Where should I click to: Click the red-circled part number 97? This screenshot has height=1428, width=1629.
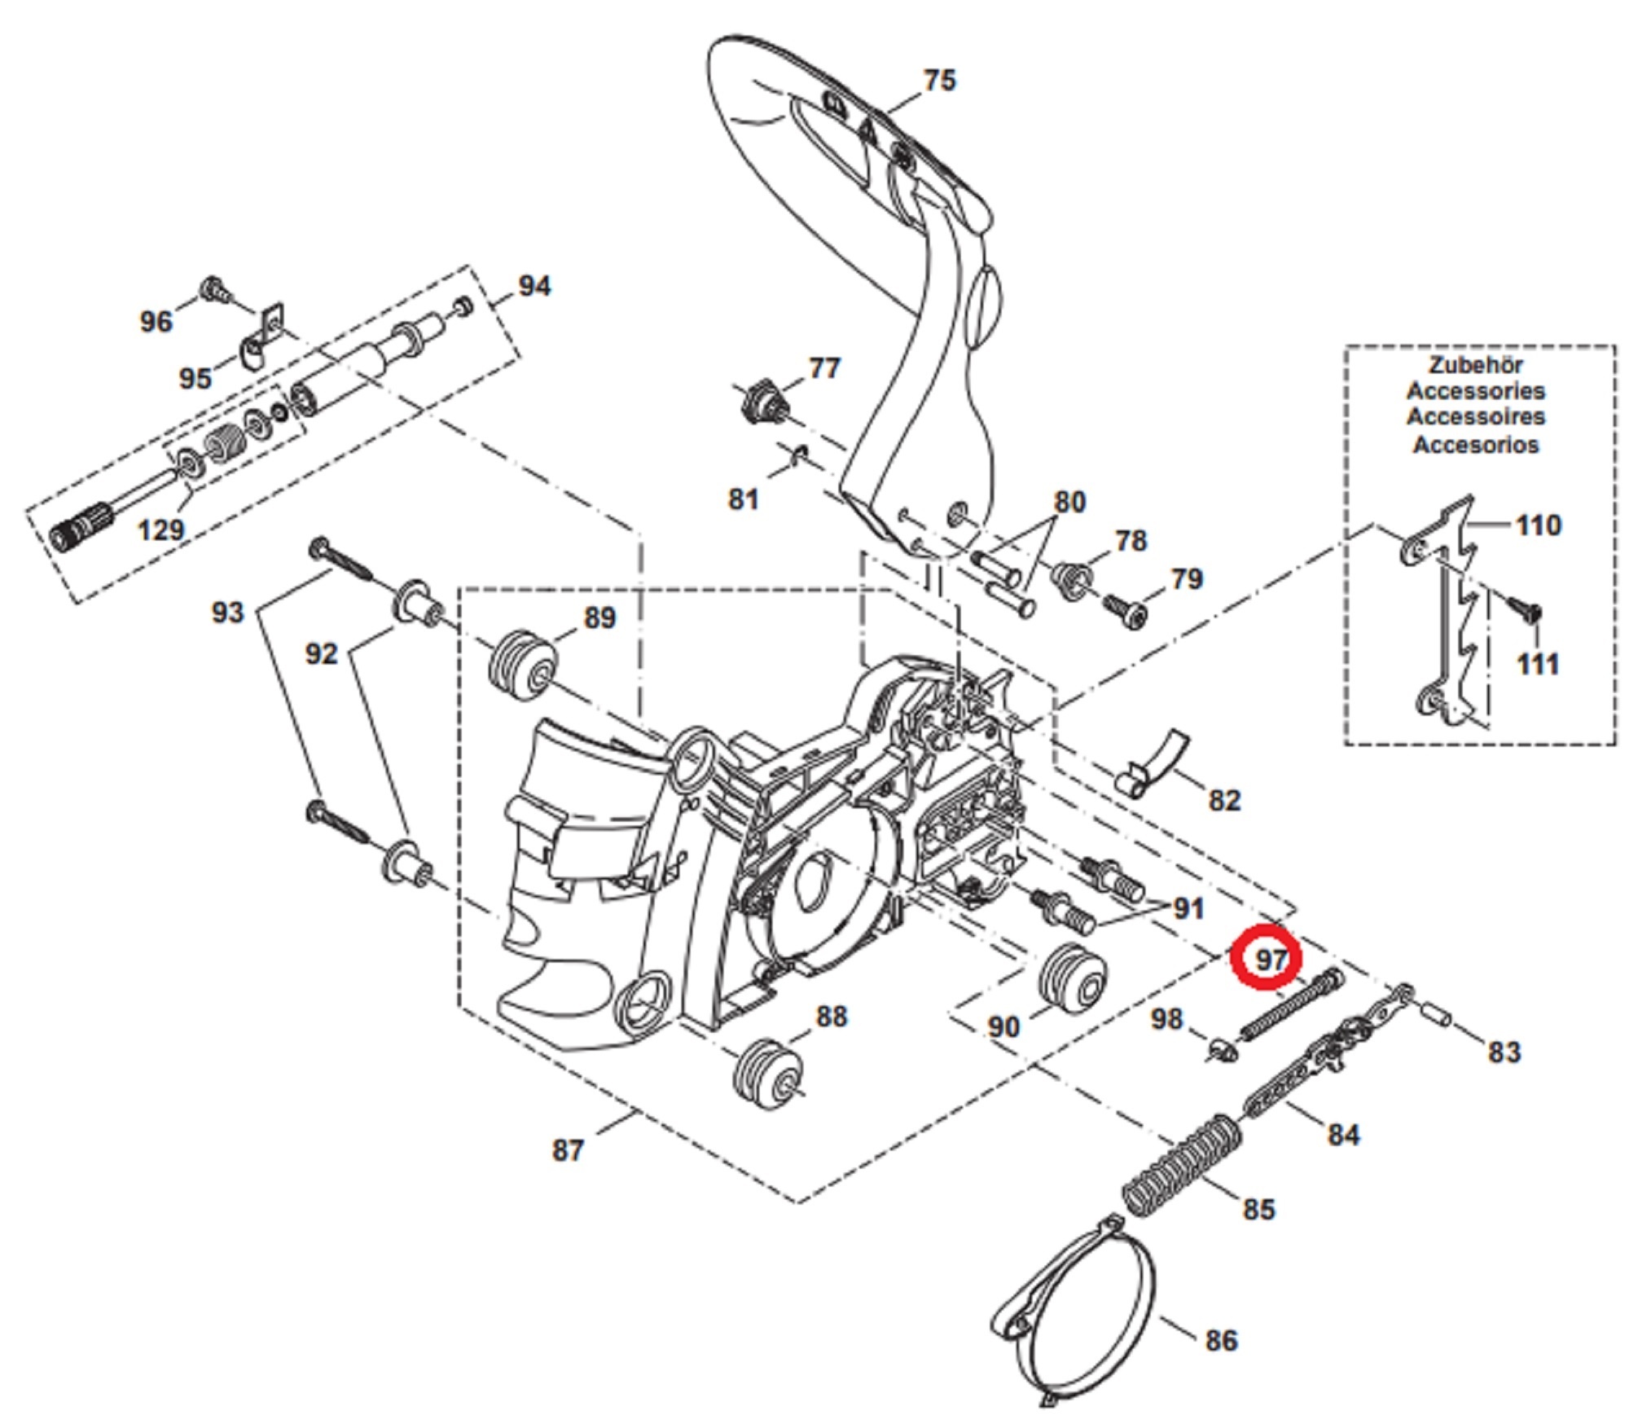(1269, 959)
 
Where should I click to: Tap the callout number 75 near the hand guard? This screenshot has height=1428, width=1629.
(938, 80)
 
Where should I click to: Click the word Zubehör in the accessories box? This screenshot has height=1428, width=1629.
(1475, 365)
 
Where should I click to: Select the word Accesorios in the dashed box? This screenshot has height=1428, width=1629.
(1475, 445)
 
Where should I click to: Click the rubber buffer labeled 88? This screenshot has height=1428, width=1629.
(767, 1073)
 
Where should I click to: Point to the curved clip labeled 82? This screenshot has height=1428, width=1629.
(1152, 762)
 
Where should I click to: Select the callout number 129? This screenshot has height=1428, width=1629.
(160, 530)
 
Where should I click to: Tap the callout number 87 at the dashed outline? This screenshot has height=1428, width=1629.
(568, 1150)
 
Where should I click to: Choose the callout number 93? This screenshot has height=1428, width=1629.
(227, 612)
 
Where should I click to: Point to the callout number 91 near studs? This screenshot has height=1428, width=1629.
(1187, 908)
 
